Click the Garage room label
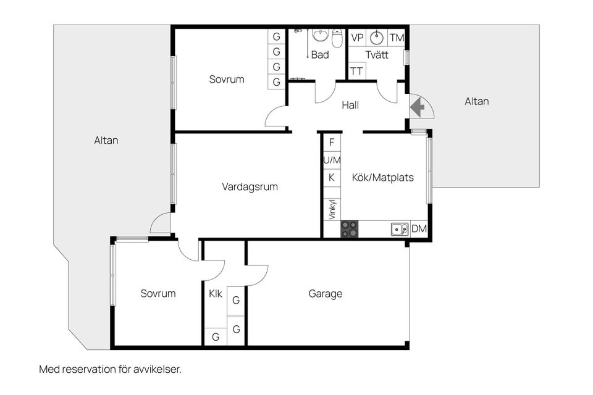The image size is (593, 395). point(326,294)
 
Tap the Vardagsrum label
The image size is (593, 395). point(250,186)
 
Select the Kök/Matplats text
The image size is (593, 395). point(382,178)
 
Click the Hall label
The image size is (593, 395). point(350,105)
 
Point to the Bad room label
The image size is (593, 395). point(320,55)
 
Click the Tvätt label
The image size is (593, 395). point(377,55)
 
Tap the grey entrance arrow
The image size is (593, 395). point(418,107)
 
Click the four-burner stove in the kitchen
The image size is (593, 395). point(350,230)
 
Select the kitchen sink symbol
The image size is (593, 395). point(399,230)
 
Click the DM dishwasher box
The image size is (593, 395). point(419,230)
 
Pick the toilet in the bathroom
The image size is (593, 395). point(337,38)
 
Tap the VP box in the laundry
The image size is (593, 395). point(358,38)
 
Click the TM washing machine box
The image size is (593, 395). point(397,38)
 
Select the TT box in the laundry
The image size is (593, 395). point(356,71)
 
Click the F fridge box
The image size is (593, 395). point(332,143)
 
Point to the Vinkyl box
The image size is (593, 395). point(332,210)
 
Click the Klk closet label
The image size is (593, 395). point(216,294)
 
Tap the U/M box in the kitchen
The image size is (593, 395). point(332,160)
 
